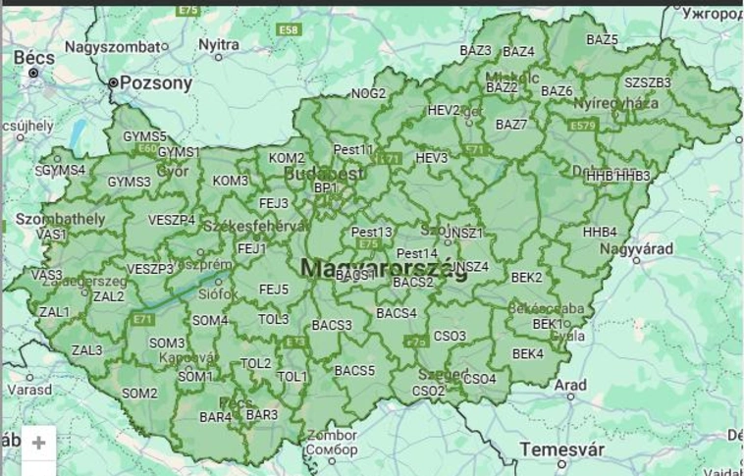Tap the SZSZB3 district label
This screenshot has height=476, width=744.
pos(647,82)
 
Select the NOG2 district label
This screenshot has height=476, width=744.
pos(369,94)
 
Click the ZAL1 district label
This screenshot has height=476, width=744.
pos(54,312)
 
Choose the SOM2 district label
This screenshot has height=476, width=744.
pos(139,394)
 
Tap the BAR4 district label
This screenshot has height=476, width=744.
pos(215,417)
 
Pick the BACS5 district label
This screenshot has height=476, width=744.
pos(354,371)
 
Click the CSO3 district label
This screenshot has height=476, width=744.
pos(450,336)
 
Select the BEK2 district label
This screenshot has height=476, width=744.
pos(526,278)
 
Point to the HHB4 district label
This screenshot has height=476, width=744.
pos(600,233)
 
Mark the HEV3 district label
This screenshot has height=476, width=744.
pos(431,158)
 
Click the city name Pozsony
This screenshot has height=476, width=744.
pos(155,83)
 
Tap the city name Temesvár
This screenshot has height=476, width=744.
pos(558,449)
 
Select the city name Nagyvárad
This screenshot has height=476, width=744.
pos(638,249)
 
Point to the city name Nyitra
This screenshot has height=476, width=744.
pos(218,45)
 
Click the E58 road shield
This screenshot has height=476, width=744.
pos(289,30)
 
